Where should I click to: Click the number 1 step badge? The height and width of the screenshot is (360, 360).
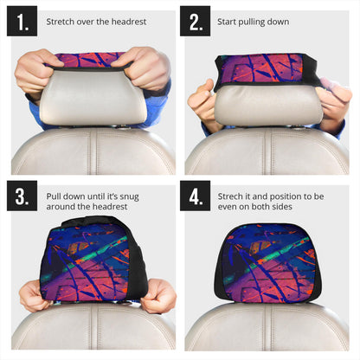point(22,22)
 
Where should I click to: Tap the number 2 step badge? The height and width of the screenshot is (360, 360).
point(195,22)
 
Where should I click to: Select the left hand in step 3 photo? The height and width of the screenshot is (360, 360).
point(35,296)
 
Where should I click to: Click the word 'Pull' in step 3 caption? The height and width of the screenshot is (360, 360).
point(55,196)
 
